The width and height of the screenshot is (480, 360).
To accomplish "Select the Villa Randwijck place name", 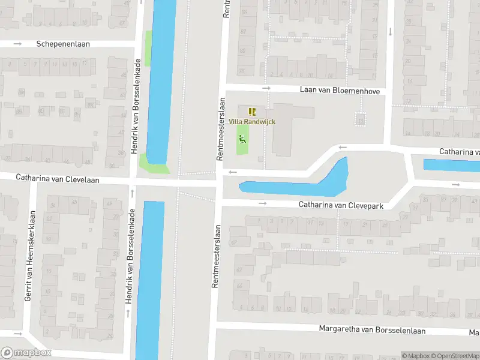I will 252,122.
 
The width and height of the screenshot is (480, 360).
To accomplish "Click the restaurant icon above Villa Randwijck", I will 252,111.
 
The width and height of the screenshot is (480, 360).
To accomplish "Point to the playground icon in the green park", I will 242,139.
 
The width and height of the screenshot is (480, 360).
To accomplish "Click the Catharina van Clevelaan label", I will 58,178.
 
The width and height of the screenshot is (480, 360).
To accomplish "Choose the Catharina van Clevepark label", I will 341,205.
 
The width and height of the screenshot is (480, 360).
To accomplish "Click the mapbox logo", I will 26,353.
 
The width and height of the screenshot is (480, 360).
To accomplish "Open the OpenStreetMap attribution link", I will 454,356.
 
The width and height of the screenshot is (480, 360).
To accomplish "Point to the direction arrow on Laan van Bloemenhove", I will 266,89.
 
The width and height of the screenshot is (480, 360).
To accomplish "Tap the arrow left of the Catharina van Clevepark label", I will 262,203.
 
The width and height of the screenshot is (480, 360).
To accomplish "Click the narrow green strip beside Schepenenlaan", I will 148,48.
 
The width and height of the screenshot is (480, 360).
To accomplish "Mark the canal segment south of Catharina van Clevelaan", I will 149,276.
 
